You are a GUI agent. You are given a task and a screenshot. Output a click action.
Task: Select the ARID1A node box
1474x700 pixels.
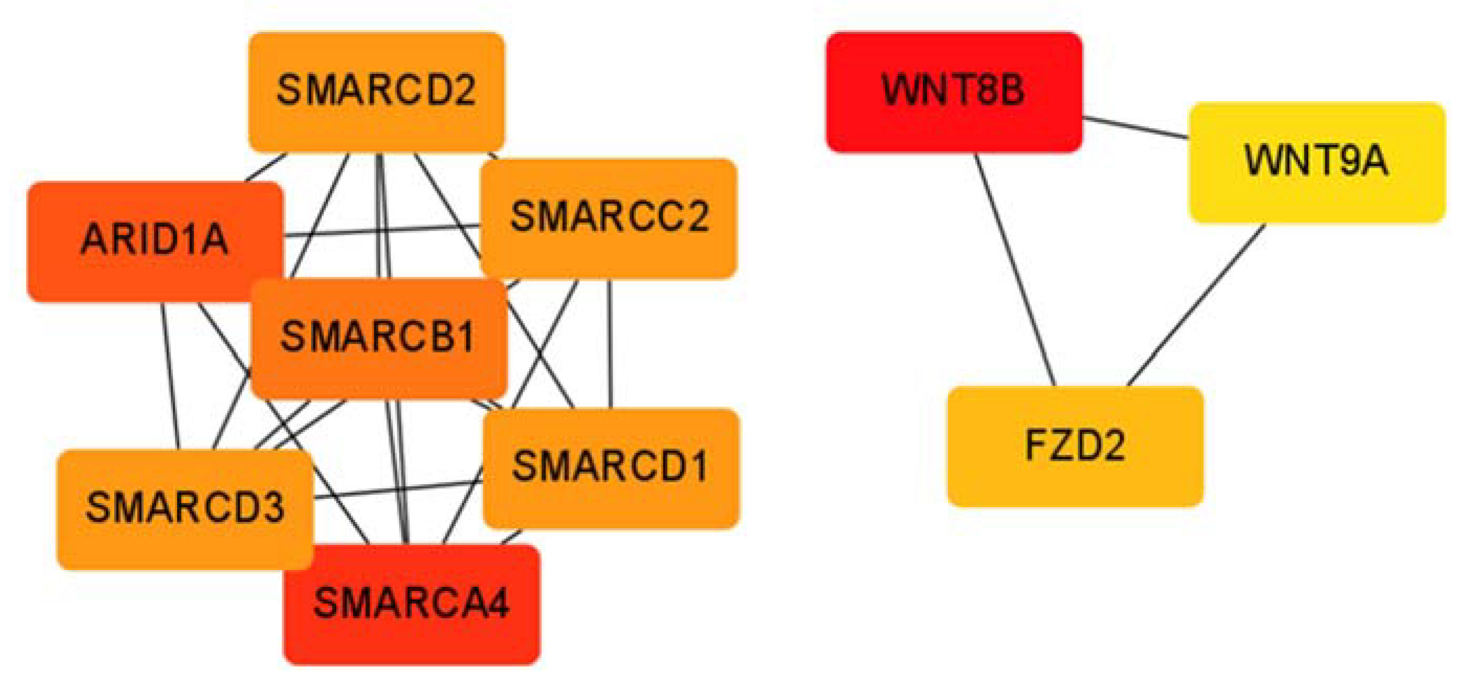[x=155, y=241]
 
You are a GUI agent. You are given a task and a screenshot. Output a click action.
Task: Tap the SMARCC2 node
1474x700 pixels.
[x=609, y=218]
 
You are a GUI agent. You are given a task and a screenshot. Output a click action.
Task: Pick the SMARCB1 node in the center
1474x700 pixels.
[x=378, y=338]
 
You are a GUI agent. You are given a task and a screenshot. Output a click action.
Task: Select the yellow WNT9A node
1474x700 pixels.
[x=1316, y=162]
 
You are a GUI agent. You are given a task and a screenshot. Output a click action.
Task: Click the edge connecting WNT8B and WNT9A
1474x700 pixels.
[x=1136, y=127]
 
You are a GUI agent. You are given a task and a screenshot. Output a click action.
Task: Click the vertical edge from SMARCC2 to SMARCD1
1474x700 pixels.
[x=611, y=343]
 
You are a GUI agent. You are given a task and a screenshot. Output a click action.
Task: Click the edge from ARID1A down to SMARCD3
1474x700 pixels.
[x=171, y=375]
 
